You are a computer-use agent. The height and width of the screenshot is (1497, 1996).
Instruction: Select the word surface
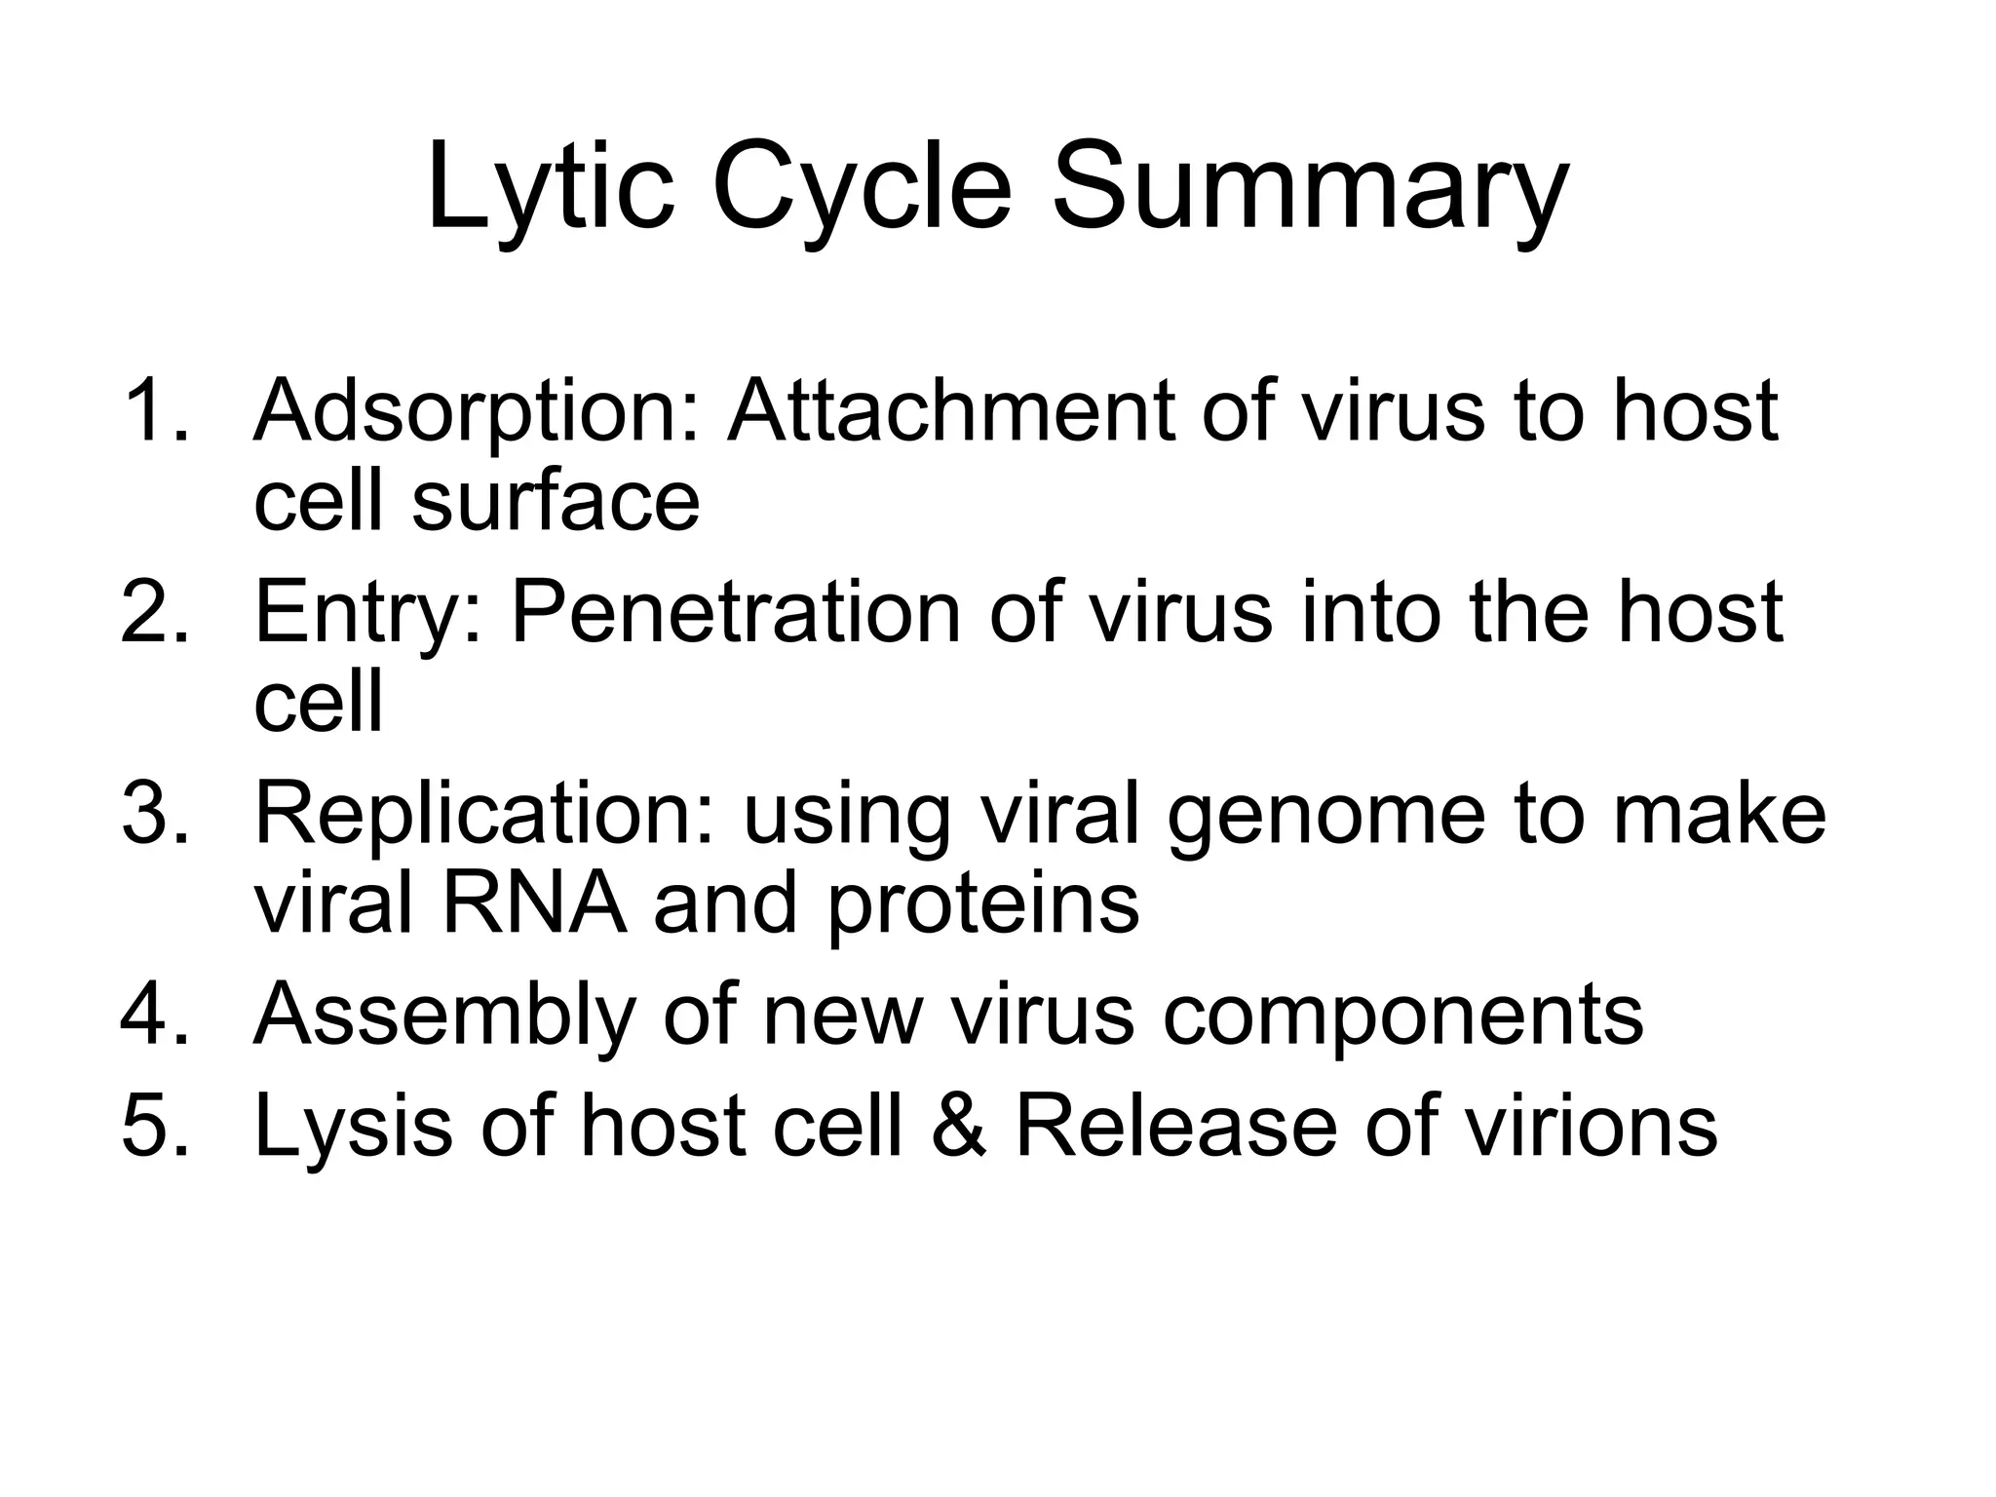[x=556, y=501]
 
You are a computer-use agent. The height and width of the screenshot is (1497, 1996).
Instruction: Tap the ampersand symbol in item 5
[x=959, y=1126]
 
